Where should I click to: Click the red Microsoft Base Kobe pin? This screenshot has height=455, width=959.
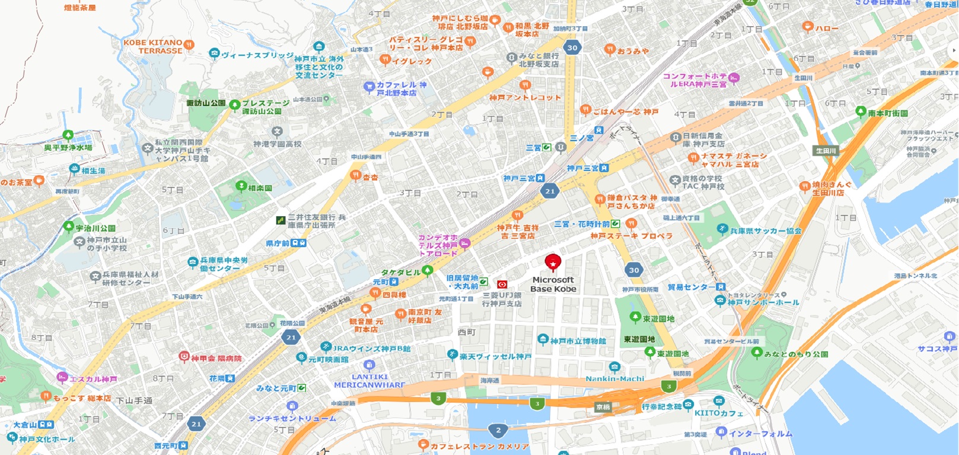(x=553, y=262)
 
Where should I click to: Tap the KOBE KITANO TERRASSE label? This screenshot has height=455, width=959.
(x=153, y=46)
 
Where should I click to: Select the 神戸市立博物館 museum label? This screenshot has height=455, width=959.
(x=578, y=341)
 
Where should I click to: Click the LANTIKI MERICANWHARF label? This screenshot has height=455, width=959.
(x=369, y=381)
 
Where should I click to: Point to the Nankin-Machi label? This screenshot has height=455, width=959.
(x=614, y=378)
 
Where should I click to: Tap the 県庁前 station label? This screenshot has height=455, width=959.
(x=278, y=243)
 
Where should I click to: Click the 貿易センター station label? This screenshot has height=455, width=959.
(x=691, y=287)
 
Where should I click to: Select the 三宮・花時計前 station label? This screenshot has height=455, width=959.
(x=582, y=224)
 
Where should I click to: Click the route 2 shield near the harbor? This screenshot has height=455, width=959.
(x=498, y=430)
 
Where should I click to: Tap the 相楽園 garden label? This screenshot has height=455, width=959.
(x=260, y=188)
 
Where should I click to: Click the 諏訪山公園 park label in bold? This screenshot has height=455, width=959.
(x=206, y=103)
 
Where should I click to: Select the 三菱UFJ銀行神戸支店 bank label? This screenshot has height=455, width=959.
(x=502, y=299)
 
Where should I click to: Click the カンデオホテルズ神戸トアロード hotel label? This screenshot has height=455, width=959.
(x=438, y=245)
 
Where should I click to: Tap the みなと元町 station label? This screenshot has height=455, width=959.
(x=276, y=388)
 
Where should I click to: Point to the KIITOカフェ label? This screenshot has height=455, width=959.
(x=719, y=413)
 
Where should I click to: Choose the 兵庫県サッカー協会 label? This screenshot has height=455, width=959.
(x=765, y=230)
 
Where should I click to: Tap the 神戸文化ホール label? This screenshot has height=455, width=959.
(x=46, y=439)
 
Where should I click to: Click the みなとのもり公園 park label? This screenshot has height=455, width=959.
(x=796, y=354)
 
